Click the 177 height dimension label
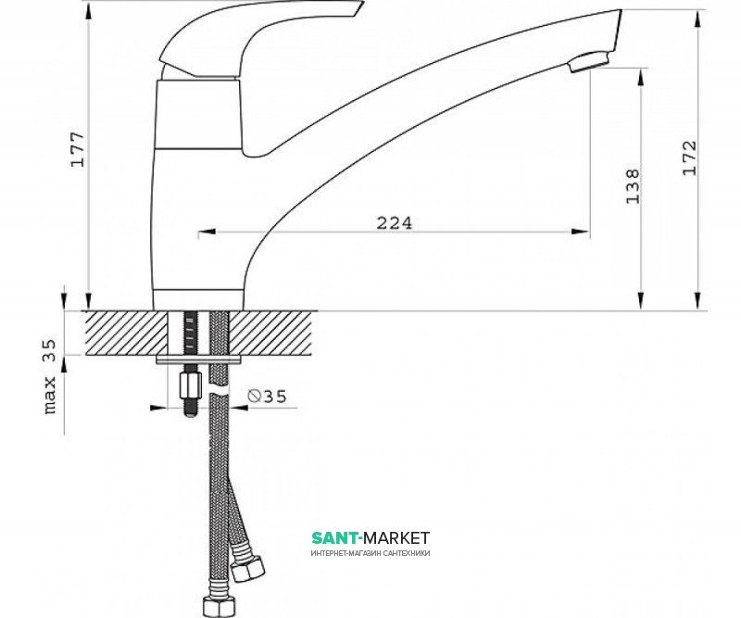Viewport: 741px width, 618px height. pyautogui.click(x=78, y=149)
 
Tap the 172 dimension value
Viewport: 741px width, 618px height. pyautogui.click(x=689, y=158)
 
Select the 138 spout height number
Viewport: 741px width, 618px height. pyautogui.click(x=633, y=186)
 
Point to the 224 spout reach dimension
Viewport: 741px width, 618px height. pyautogui.click(x=395, y=222)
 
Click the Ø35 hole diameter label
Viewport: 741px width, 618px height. pyautogui.click(x=268, y=397)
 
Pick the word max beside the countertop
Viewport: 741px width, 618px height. pyautogui.click(x=50, y=396)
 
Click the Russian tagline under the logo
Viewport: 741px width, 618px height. pyautogui.click(x=370, y=553)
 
